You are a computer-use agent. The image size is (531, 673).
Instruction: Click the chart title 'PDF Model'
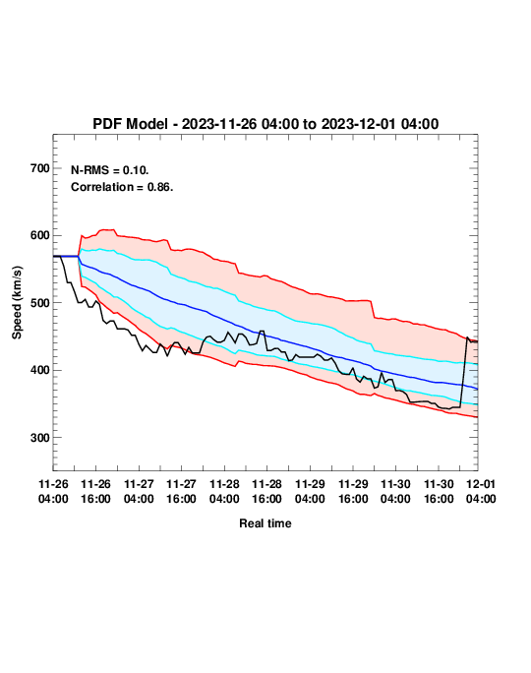coord(130,124)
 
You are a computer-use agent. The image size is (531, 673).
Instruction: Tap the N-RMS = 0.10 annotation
coord(110,170)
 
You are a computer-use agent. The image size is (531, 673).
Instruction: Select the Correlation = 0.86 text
coord(122,187)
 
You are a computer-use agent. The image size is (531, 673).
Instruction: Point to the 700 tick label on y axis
coord(40,168)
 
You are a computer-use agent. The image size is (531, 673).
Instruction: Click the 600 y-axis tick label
coord(40,235)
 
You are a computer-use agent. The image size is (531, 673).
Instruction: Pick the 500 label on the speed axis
coord(40,303)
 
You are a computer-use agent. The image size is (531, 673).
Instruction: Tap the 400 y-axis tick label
coord(40,370)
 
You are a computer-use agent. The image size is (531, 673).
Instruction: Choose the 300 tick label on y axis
coord(40,438)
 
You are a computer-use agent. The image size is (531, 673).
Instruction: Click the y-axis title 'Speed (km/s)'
coord(17,303)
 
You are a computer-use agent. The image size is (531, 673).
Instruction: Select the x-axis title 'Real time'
coord(265,523)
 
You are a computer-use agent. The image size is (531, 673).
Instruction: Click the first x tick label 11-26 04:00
coord(53,491)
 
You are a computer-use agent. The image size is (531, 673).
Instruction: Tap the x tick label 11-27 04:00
coord(139,491)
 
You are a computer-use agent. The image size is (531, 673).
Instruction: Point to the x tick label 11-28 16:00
coord(266,491)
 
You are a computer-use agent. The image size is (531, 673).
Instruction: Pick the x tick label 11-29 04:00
coord(310,491)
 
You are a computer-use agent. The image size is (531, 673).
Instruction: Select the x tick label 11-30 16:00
coord(439,491)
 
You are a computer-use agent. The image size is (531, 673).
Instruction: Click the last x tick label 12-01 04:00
coord(481,491)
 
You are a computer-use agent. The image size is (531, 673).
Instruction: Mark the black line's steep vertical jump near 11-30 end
coord(464,372)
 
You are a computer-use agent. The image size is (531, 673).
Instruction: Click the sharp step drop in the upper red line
coord(373,309)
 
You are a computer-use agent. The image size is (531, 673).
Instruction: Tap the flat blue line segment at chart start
coord(66,256)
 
